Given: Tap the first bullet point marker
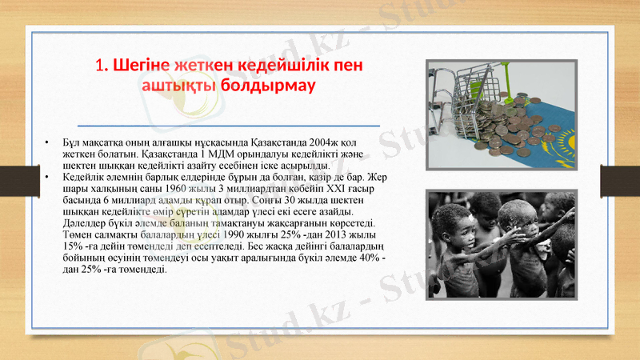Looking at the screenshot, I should coord(49,142).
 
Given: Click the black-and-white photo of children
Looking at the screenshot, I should coord(500,243).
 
